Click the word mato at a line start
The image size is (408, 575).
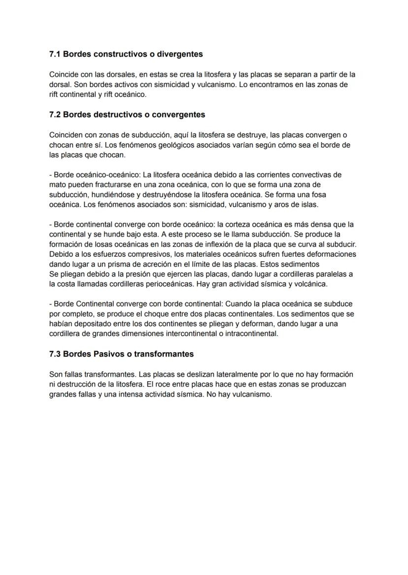click(x=58, y=185)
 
